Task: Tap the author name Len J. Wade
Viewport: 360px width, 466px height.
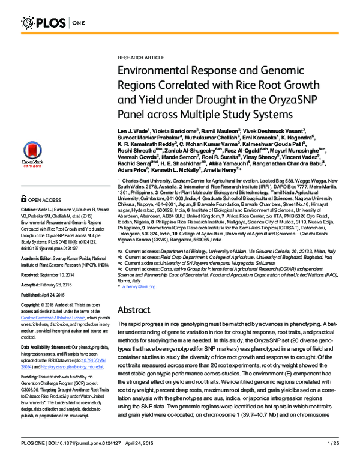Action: (134, 130)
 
